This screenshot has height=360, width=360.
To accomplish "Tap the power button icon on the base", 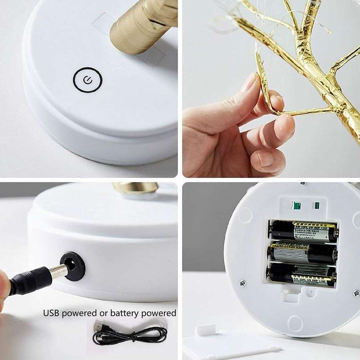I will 88,80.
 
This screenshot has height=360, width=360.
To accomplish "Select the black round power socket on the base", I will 72,266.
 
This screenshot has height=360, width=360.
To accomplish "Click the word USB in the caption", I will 51,313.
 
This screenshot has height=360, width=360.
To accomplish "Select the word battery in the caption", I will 122,313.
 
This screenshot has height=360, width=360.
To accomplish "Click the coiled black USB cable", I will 134,335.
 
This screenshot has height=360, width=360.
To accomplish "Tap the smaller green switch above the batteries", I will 317,205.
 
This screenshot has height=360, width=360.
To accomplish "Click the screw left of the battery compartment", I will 243,283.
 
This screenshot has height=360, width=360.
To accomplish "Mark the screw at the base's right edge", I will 356,293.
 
